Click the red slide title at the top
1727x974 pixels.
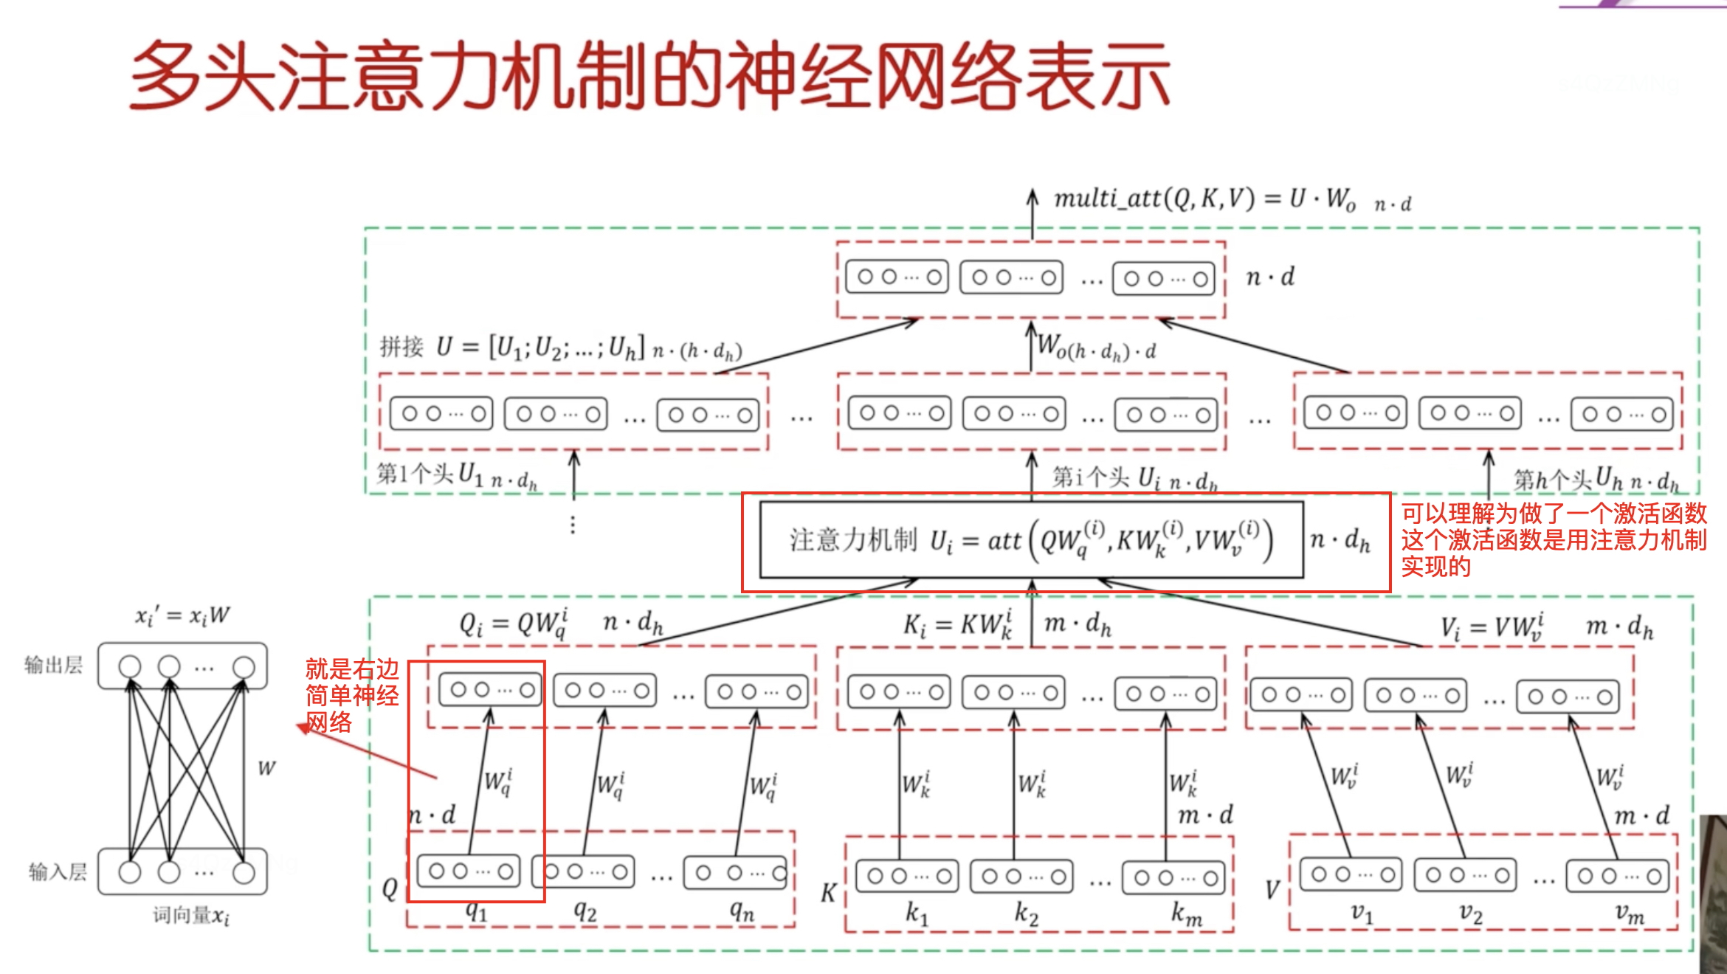tap(649, 75)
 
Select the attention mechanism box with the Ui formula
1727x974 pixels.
tap(1031, 540)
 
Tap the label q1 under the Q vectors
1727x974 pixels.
tap(477, 912)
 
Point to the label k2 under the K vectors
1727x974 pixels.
tap(1026, 913)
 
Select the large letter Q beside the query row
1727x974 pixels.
tap(390, 889)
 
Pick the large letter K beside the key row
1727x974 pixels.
tap(828, 893)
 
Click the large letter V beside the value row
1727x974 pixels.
tap(1272, 890)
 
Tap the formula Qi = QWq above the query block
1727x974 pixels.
tap(514, 624)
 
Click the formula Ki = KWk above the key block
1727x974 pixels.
tap(958, 626)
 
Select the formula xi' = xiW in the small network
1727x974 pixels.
tap(182, 615)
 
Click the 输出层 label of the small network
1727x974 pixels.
tap(53, 665)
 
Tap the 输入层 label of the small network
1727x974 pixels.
tap(58, 872)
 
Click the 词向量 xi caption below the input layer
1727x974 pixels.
tap(191, 916)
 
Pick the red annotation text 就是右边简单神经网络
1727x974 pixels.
tap(352, 695)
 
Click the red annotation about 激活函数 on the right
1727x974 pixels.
tap(1553, 539)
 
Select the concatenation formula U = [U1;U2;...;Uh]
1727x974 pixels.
tap(561, 347)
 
